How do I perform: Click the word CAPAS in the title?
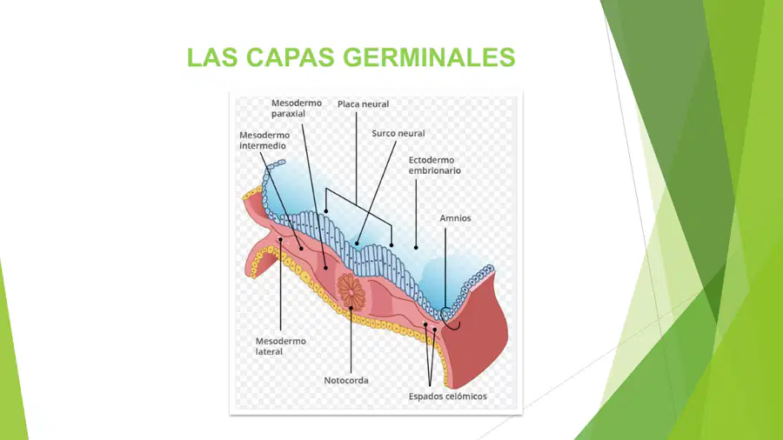click(290, 57)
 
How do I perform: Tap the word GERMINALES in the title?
click(429, 57)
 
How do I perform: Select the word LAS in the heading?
click(211, 57)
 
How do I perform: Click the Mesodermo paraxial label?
click(297, 108)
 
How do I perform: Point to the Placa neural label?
click(363, 104)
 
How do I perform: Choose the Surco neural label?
click(398, 133)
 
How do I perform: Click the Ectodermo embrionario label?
click(434, 165)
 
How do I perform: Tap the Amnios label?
click(455, 218)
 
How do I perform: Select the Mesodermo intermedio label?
click(264, 140)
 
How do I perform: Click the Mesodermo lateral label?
click(280, 346)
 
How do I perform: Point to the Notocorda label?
click(346, 380)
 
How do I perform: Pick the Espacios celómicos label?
click(447, 397)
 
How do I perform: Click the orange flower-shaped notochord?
click(351, 291)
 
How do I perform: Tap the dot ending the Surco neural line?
click(357, 244)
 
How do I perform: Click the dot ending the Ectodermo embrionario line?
click(416, 248)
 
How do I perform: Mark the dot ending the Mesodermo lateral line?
click(281, 240)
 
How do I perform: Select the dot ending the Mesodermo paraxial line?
click(325, 268)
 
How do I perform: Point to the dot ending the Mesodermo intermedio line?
click(301, 249)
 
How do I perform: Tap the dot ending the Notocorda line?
click(351, 309)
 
